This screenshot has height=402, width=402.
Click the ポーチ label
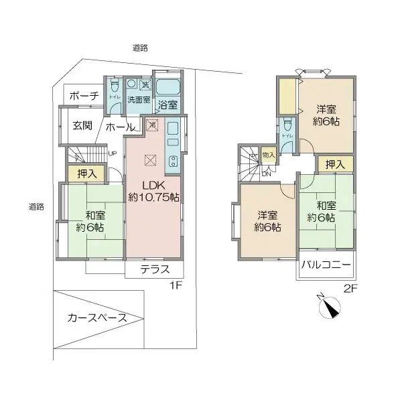pyautogui.click(x=84, y=96)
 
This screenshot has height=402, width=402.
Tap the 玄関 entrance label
pyautogui.click(x=82, y=126)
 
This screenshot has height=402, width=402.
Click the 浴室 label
pyautogui.click(x=167, y=105)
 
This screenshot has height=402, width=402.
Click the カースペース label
pyautogui.click(x=97, y=318)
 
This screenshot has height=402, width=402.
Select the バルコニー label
pyautogui.click(x=327, y=265)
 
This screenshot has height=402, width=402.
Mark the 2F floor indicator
pyautogui.click(x=350, y=289)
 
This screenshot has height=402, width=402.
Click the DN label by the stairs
pyautogui.click(x=266, y=174)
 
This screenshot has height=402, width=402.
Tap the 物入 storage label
pyautogui.click(x=269, y=155)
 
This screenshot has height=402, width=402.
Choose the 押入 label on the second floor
pyautogui.click(x=335, y=163)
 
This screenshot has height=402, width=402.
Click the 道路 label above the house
pyautogui.click(x=140, y=48)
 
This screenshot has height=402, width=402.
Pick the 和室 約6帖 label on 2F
pyautogui.click(x=322, y=211)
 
